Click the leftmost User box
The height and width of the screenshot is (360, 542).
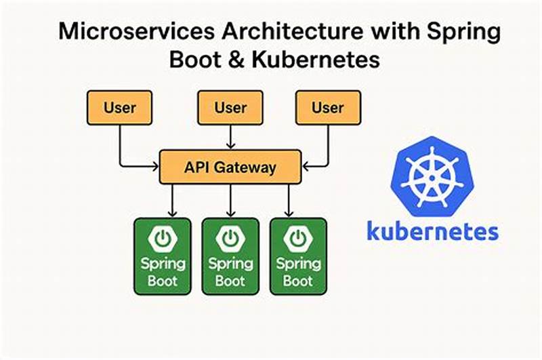tap(120, 107)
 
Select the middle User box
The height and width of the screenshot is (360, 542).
tap(230, 107)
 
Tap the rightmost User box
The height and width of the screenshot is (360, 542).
tap(328, 107)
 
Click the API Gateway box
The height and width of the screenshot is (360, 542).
tap(230, 167)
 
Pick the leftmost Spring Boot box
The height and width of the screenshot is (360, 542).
tap(163, 256)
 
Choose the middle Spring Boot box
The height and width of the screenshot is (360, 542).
tap(230, 256)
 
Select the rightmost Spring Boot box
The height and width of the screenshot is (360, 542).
tap(297, 256)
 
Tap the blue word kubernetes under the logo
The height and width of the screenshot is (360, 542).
tap(432, 230)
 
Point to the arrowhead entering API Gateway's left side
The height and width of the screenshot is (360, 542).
tap(155, 165)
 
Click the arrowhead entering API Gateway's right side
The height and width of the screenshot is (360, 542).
tap(306, 165)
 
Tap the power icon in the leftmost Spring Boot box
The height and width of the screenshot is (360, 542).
tap(163, 239)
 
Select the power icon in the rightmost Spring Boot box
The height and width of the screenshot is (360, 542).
tap(297, 239)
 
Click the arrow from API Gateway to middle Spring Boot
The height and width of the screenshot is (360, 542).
tap(230, 201)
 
